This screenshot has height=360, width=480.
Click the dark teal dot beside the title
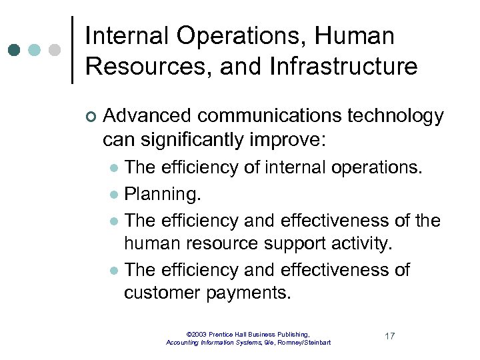coord(14,50)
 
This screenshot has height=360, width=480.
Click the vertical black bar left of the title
coord(72,50)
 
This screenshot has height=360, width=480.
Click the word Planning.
coord(163,195)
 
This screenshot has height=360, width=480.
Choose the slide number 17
coord(389,336)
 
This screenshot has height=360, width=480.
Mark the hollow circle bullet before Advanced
coord(91,117)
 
